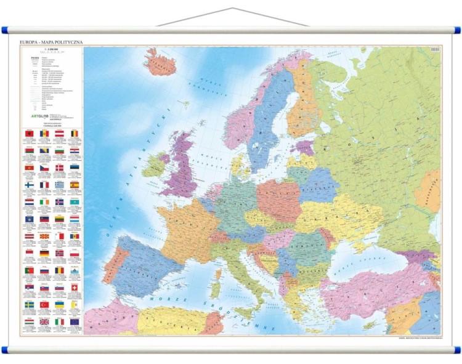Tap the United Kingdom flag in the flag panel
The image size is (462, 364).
click(44, 322)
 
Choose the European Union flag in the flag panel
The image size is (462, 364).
click(75, 322)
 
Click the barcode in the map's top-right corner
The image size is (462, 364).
click(434, 49)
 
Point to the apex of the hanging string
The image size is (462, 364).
click(233, 9)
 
